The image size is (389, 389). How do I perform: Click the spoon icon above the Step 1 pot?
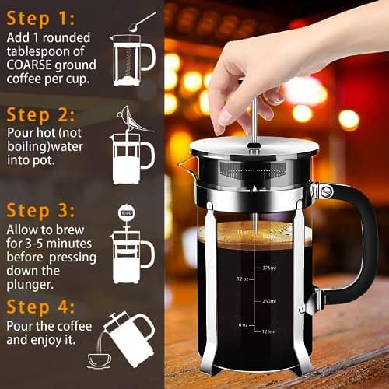(x=140, y=21)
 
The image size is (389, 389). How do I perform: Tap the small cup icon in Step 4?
(x=99, y=359)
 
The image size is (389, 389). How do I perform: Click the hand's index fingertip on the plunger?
(x=226, y=117)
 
